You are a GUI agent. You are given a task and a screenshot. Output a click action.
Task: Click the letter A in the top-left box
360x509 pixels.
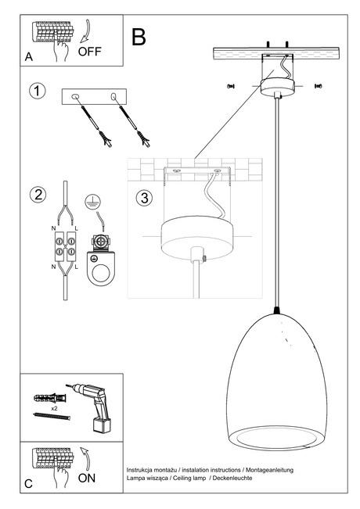coord(28,57)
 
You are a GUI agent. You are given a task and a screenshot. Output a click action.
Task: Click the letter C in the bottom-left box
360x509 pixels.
coord(28,484)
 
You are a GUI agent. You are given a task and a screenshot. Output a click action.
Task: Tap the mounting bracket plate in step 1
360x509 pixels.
coord(94,96)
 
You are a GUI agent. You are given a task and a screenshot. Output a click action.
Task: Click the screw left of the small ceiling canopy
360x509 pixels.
coord(230,84)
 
